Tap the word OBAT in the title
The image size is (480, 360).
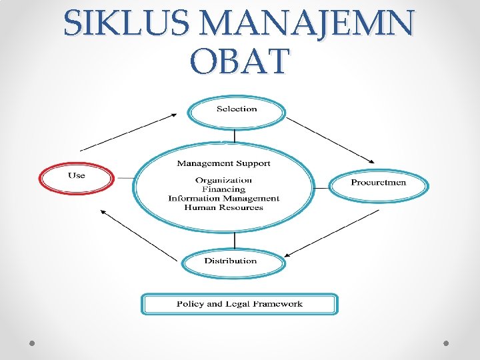(239, 61)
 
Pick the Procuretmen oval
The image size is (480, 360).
(379, 183)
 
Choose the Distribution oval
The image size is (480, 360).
(231, 261)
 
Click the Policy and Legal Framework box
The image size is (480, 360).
(239, 304)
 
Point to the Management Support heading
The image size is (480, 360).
(223, 163)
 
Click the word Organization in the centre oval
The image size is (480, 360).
(223, 180)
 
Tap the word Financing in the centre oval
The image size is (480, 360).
(223, 189)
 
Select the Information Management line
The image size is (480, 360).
(223, 198)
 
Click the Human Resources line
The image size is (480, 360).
(223, 207)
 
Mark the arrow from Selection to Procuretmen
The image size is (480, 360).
(330, 139)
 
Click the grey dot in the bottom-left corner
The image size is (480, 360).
(32, 343)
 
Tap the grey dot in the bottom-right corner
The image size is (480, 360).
(447, 343)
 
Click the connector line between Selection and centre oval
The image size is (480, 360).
(234, 136)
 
